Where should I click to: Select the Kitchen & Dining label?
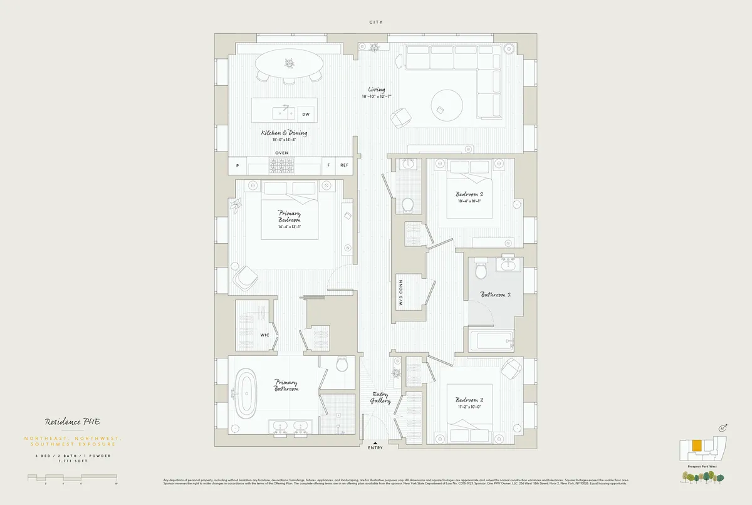coord(284,133)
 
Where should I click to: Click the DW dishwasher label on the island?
coord(305,115)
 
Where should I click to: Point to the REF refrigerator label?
coord(344,165)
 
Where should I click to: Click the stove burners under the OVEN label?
coord(281,165)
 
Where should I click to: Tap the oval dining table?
coord(290,63)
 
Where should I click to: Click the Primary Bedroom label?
coord(290,217)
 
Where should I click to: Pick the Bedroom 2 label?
coord(469,194)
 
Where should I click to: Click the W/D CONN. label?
coord(400,292)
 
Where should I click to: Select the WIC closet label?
coord(265,335)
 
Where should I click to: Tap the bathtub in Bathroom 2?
coord(493,341)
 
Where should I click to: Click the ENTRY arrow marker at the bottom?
coord(375,442)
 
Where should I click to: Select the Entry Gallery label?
coord(380,397)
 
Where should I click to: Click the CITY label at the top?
coord(376,23)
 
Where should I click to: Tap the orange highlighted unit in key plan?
coord(696,446)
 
